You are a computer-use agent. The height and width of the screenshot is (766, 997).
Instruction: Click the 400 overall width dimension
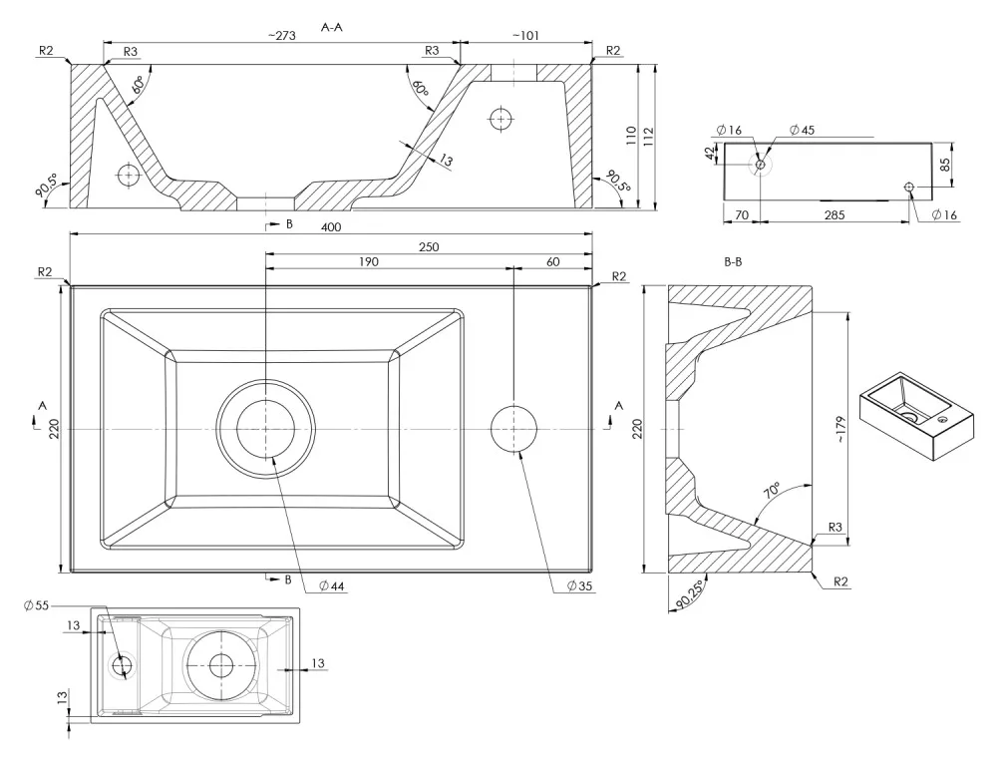click(331, 227)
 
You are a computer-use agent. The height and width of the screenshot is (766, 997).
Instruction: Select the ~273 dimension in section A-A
click(282, 36)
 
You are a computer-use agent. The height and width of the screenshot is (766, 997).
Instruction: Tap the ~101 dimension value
click(525, 36)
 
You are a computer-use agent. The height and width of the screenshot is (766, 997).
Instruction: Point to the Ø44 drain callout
click(331, 585)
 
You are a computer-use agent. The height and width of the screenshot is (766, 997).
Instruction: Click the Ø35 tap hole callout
click(579, 585)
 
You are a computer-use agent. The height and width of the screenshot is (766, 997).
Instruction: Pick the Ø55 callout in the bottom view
click(36, 605)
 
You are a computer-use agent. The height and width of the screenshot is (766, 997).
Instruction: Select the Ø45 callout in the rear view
click(802, 131)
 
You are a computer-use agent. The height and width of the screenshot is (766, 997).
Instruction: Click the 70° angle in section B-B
click(772, 490)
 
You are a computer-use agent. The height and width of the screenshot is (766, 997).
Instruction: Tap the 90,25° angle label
click(691, 593)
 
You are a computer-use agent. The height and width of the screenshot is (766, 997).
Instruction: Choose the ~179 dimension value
click(840, 430)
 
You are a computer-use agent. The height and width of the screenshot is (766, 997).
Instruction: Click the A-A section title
click(332, 27)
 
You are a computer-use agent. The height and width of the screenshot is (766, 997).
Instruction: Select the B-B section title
click(733, 261)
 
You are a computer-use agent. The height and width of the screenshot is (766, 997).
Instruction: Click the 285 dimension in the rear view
click(834, 215)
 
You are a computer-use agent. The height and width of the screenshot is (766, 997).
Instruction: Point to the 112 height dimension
click(649, 137)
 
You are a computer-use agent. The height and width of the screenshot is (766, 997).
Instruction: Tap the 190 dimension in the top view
click(369, 261)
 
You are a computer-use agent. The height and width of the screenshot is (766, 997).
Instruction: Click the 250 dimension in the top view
click(429, 246)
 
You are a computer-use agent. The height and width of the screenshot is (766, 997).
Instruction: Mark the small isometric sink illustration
click(916, 416)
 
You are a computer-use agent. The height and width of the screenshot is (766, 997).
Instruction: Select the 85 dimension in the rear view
click(945, 165)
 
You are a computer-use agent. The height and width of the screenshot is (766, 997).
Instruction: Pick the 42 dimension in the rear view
click(711, 154)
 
